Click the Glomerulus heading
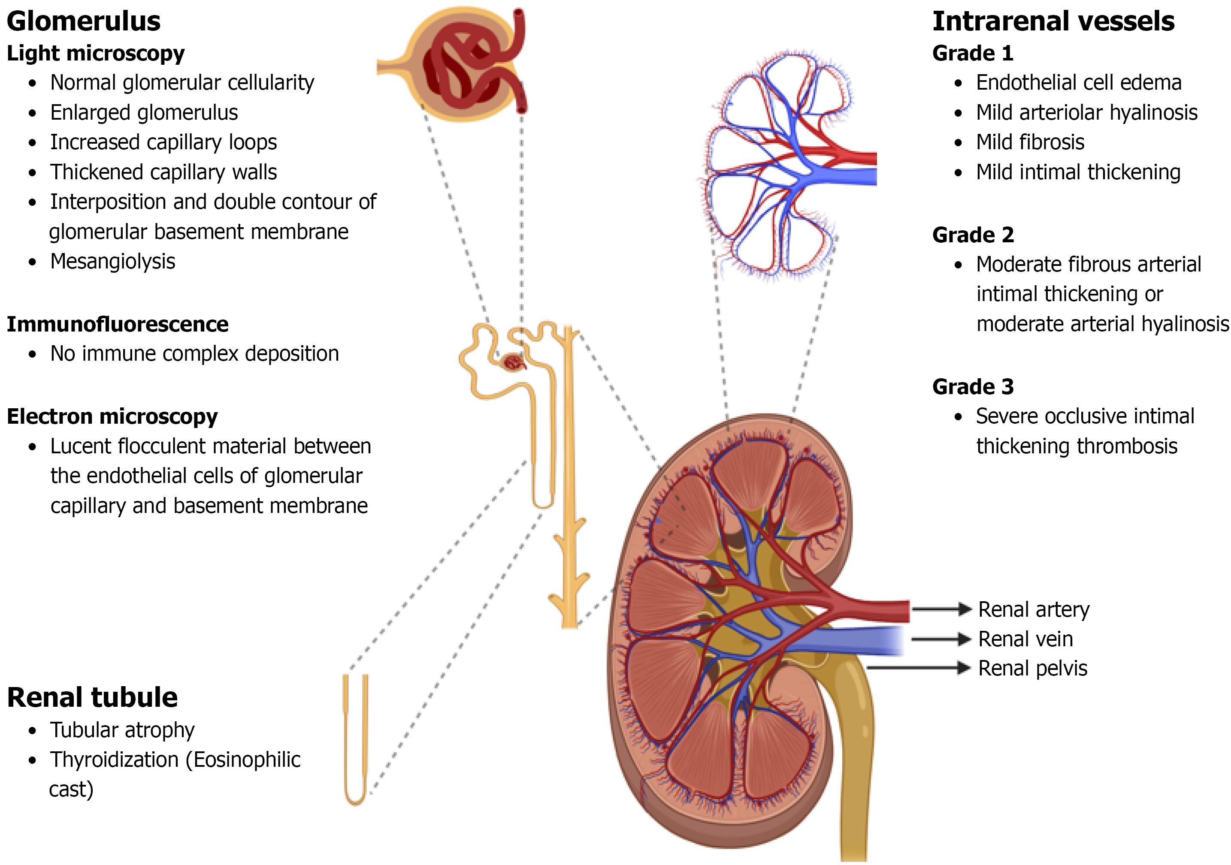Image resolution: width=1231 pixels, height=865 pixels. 84,21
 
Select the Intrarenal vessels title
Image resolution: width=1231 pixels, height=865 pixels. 1053,21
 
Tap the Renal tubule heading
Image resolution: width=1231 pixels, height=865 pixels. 92,697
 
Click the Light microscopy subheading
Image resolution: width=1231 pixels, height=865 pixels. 95,53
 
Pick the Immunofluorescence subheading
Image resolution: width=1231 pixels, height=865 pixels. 118,324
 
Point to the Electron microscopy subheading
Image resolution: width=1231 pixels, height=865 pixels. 112,416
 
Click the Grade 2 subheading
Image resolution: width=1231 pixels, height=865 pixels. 973,235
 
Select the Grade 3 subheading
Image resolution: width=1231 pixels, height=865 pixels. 973,386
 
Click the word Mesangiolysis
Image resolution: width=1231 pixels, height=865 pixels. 112,262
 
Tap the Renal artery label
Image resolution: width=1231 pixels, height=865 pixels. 1033,609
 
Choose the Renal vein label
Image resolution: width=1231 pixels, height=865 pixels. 1025,639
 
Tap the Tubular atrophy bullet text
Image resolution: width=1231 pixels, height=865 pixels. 122,730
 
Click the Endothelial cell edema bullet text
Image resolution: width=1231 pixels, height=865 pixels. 1078,82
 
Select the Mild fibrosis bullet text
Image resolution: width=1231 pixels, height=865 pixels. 1029,142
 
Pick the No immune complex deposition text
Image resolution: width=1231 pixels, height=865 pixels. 194,354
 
